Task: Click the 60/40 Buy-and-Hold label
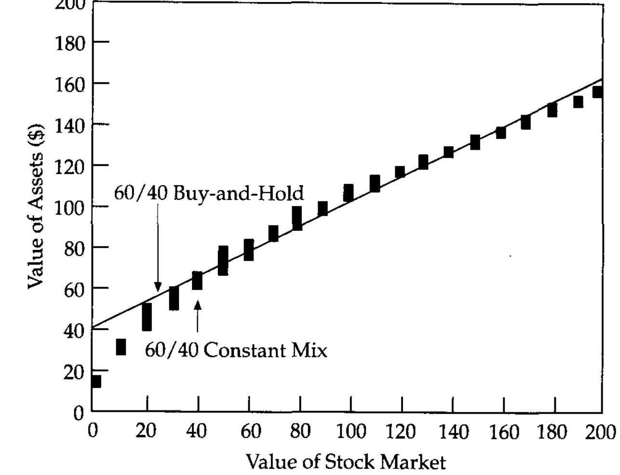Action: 209,193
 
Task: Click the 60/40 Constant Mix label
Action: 236,350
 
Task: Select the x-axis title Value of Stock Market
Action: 346,462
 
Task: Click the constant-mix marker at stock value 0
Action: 95,381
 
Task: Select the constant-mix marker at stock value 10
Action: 121,347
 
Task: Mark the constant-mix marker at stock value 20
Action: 147,317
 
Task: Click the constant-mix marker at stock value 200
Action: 597,92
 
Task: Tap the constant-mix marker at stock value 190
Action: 578,102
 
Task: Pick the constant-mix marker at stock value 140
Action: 448,152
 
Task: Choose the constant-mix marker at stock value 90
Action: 323,209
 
